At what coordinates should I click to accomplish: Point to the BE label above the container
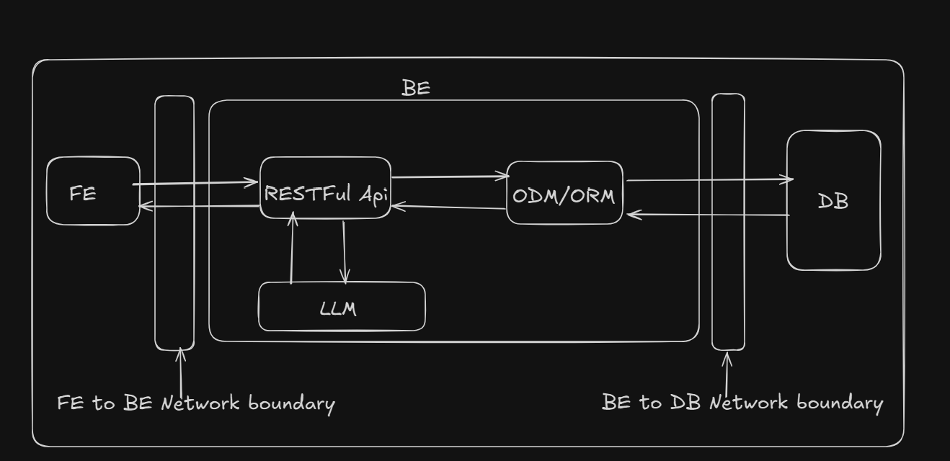pos(416,88)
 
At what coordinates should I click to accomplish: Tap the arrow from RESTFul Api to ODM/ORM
pos(450,176)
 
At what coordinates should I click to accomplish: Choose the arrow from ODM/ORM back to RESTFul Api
pos(448,207)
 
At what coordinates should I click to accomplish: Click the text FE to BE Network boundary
pos(196,403)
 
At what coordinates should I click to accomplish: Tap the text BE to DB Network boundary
pos(742,402)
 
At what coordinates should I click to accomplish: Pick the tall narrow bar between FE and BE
pos(174,223)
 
